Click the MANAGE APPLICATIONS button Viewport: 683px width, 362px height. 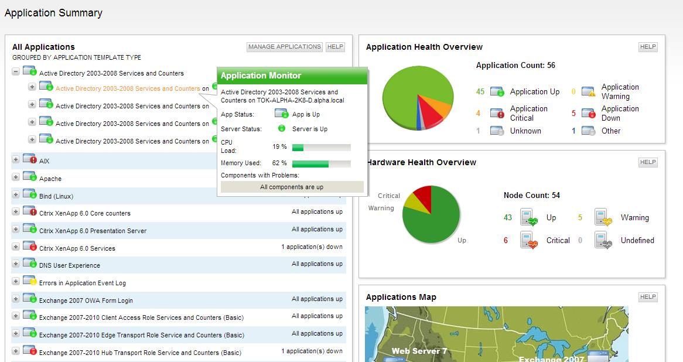tap(285, 47)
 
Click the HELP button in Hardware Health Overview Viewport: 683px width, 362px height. tap(648, 162)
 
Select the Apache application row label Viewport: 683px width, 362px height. tap(50, 179)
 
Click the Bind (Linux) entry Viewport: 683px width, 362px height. tap(56, 196)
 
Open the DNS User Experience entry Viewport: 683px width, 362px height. tap(70, 265)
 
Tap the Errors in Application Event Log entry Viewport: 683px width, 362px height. tap(83, 283)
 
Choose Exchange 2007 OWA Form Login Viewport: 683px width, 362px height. tap(86, 300)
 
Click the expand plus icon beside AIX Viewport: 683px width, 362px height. tap(16, 160)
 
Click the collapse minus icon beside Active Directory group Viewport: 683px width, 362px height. tap(16, 73)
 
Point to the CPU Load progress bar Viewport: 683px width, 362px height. tap(321, 148)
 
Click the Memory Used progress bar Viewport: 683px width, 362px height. tap(321, 163)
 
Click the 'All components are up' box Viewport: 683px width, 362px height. tap(292, 187)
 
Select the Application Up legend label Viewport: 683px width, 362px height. tap(535, 92)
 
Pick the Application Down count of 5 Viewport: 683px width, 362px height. tap(574, 113)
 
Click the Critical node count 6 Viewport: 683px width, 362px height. tap(506, 240)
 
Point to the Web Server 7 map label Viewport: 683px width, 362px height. tap(419, 351)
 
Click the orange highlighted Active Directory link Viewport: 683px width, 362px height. tap(128, 89)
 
